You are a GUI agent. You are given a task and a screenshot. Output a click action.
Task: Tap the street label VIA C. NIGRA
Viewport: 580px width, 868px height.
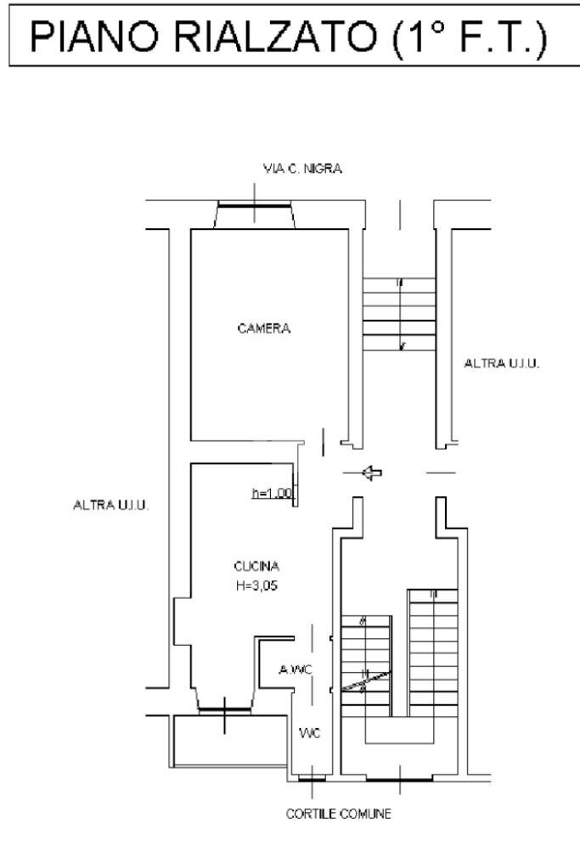[302, 169]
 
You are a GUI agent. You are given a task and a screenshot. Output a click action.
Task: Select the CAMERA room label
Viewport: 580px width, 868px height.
[263, 329]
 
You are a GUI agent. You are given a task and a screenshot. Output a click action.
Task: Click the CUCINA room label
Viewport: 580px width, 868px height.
[256, 566]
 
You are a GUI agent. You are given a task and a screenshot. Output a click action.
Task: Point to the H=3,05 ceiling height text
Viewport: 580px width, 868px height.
[256, 584]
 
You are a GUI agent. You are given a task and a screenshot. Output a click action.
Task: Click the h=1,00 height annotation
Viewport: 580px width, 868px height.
[272, 493]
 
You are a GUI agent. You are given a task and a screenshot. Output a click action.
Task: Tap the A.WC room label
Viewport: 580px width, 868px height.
[296, 670]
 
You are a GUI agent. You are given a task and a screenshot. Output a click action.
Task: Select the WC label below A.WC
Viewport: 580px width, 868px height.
[310, 734]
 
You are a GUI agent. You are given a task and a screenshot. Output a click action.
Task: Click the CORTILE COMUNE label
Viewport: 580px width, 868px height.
[338, 815]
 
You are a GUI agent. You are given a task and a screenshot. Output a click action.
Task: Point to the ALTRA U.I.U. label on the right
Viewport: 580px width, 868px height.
[502, 363]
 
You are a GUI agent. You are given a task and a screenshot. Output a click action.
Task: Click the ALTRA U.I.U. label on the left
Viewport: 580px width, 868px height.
[111, 506]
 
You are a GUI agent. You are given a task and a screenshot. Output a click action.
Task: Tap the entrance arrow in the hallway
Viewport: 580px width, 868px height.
[370, 473]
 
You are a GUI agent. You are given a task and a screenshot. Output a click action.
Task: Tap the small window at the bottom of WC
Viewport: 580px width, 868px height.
[313, 777]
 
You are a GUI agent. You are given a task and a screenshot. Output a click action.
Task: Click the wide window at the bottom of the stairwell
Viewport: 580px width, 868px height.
[397, 777]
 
